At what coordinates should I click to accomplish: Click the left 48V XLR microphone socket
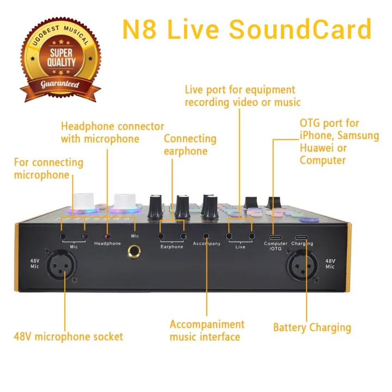click(64, 266)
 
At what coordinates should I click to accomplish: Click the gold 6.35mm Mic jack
click(133, 251)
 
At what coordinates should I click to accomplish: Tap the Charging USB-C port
click(302, 236)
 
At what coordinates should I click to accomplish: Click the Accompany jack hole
click(206, 236)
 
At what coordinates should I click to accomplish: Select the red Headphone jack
click(107, 236)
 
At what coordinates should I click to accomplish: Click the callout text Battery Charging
click(312, 328)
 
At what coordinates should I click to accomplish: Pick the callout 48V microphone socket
click(69, 336)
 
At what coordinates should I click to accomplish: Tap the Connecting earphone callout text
click(190, 144)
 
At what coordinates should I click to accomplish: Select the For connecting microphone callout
click(48, 168)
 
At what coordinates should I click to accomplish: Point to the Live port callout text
click(243, 96)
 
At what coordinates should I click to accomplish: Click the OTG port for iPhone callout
click(339, 142)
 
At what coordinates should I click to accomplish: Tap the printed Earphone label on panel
click(172, 247)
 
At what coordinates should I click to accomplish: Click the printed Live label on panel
click(240, 247)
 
